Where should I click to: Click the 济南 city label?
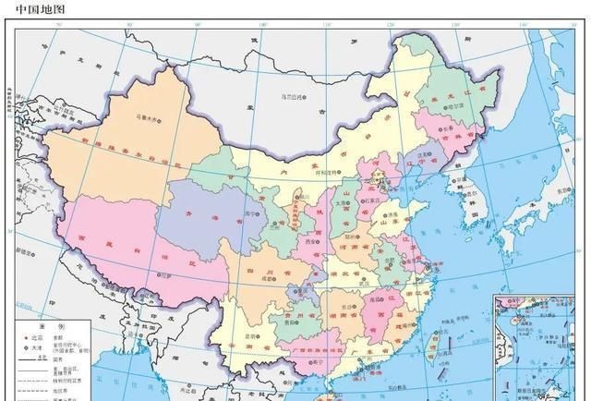point(393,214)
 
